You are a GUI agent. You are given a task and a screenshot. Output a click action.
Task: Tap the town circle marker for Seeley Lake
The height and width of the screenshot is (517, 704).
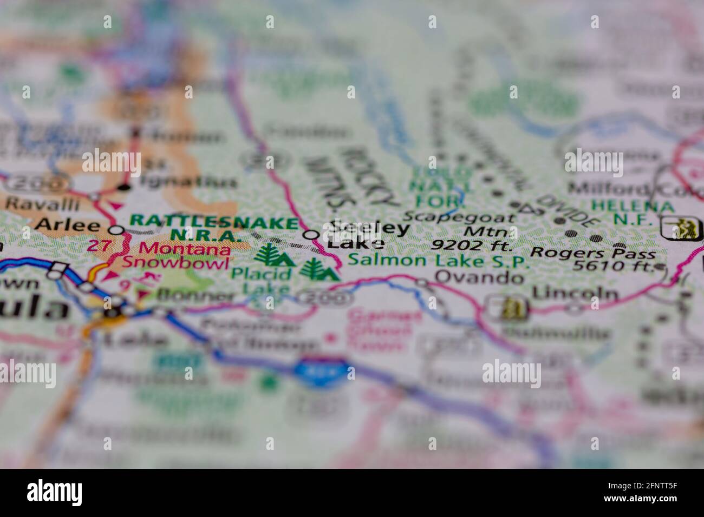311,235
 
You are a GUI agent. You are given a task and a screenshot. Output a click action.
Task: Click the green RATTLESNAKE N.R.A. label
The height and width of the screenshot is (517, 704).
214,228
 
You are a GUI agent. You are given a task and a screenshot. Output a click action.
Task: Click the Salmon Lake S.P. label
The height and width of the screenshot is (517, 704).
438,261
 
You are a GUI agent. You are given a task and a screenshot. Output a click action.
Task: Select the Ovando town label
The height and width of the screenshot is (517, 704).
479,278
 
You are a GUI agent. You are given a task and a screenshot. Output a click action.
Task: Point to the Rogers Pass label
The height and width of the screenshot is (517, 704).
593,253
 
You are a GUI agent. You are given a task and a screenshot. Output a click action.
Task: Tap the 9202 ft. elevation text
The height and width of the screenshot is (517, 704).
471,246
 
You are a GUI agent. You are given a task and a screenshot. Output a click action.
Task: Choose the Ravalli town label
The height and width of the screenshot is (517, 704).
42,204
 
